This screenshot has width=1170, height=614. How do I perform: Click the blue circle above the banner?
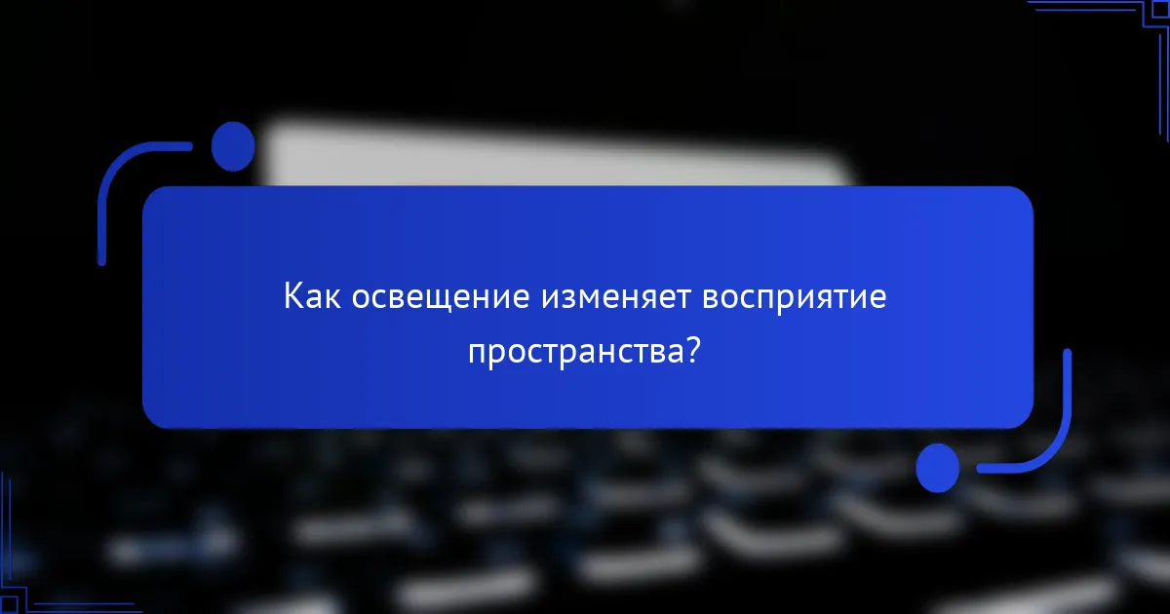click(233, 147)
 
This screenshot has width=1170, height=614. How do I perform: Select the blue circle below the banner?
click(938, 468)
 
